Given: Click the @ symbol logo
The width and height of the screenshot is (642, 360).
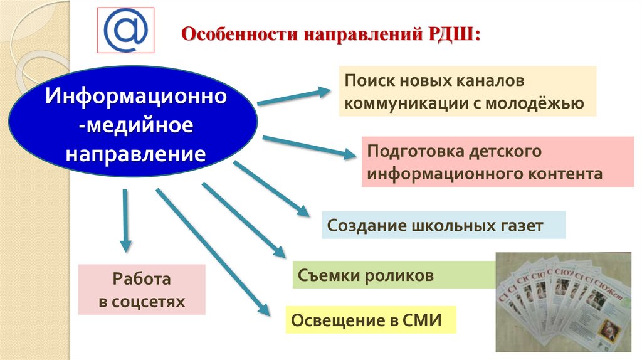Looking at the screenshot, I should [x=125, y=29].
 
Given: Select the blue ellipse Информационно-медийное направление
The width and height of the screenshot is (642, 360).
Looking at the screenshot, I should [x=133, y=125].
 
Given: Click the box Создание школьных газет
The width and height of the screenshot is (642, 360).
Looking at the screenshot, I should [x=443, y=225].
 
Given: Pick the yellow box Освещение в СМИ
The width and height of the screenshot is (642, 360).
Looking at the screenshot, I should [x=370, y=320].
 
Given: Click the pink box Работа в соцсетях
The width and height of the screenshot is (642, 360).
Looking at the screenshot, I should [x=142, y=289].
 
